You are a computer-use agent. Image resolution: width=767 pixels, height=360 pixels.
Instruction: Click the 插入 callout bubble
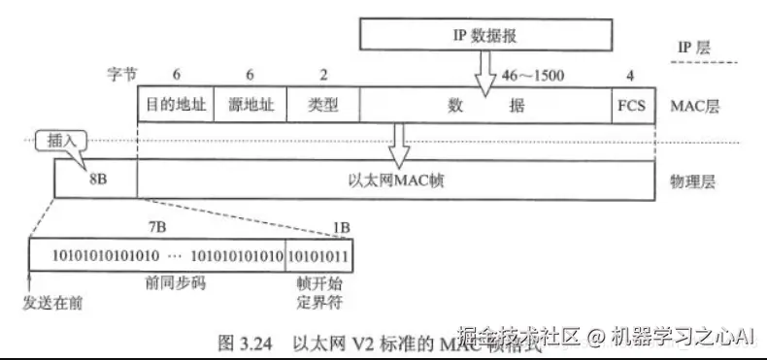pyautogui.click(x=59, y=140)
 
